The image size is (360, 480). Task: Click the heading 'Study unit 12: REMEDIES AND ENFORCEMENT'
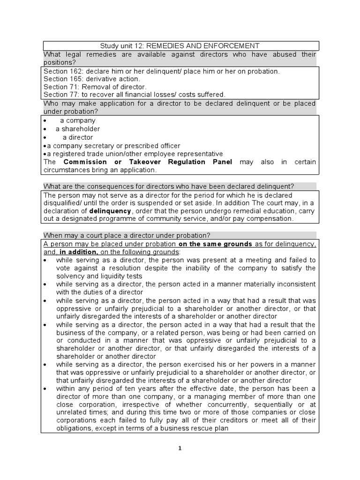[x=180, y=45]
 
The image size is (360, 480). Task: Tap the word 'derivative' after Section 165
[x=103, y=79]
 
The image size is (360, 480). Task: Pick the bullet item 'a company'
[x=77, y=120]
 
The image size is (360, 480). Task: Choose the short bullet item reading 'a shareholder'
[x=78, y=129]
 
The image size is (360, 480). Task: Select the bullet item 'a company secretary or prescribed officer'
[x=113, y=146]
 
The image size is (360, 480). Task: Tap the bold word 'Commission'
[x=85, y=162]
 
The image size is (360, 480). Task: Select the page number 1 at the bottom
[x=180, y=448]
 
